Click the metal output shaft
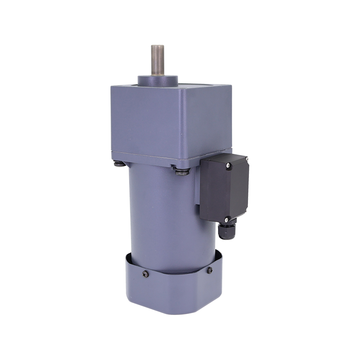pyautogui.click(x=157, y=61)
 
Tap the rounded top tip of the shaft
pyautogui.click(x=157, y=46)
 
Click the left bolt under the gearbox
pyautogui.click(x=118, y=164)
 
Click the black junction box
pyautogui.click(x=225, y=189)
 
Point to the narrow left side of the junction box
pyautogui.click(x=198, y=189)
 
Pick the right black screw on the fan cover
pyautogui.click(x=209, y=270)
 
